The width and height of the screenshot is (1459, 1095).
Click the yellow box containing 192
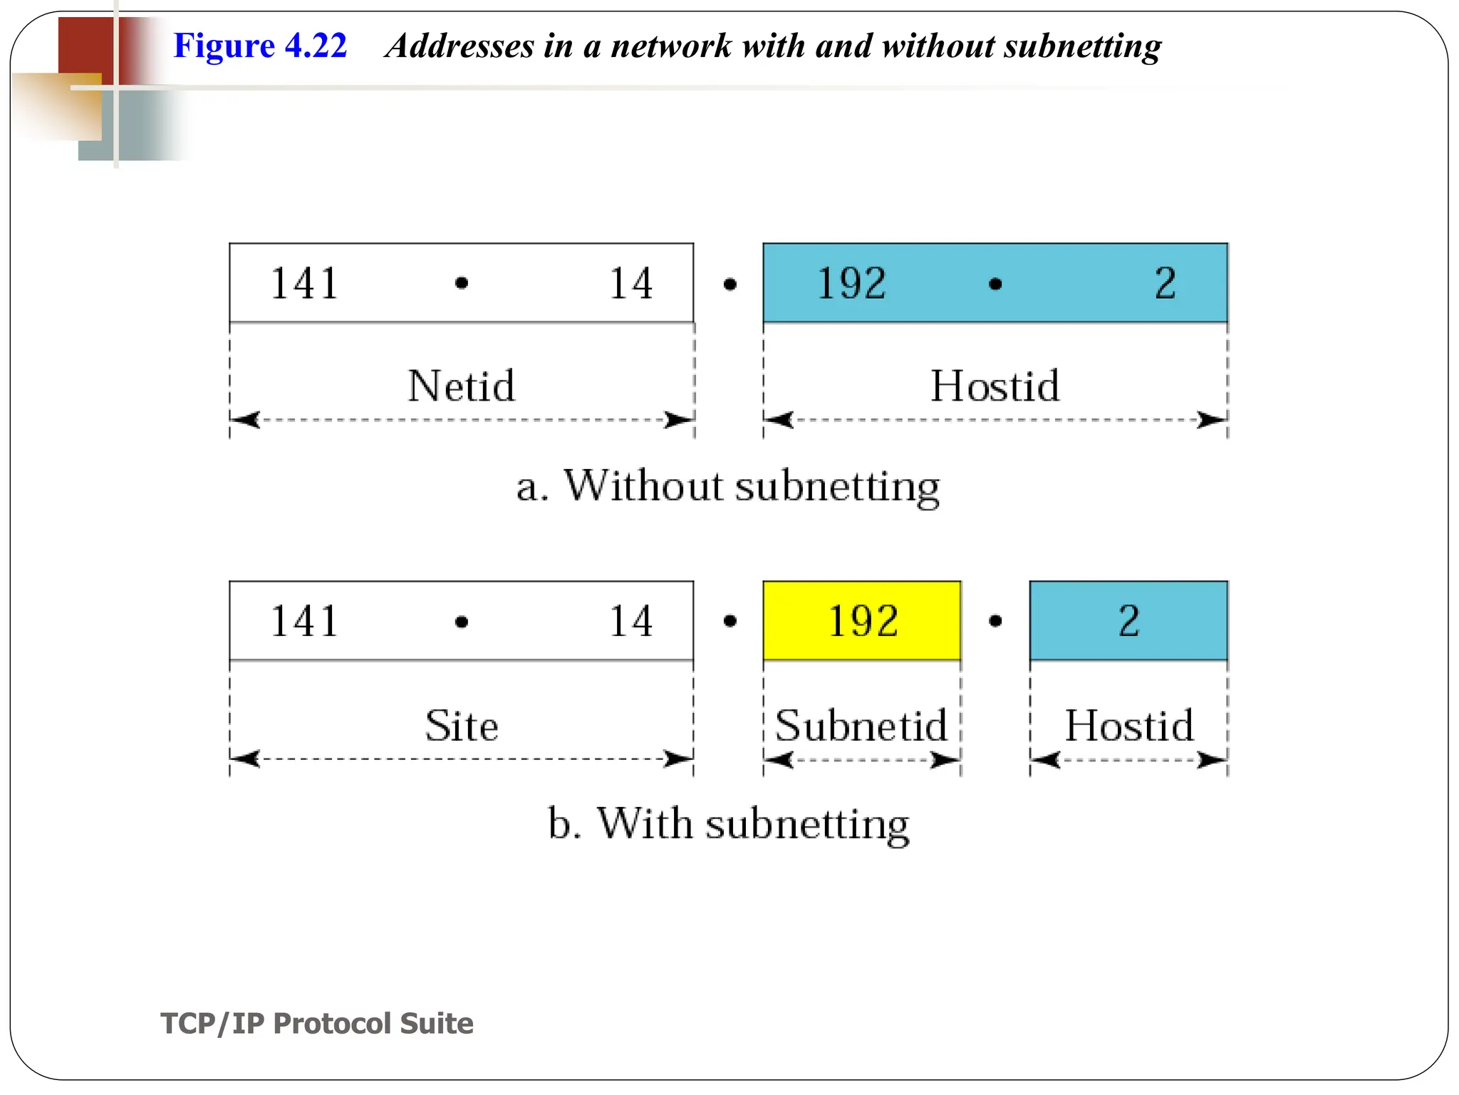pyautogui.click(x=862, y=621)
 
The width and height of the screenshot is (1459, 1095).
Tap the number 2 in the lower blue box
pyautogui.click(x=1129, y=621)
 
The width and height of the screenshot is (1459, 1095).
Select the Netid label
pyautogui.click(x=461, y=386)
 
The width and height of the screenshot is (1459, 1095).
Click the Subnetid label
pyautogui.click(x=861, y=726)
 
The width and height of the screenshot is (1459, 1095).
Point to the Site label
pyautogui.click(x=462, y=726)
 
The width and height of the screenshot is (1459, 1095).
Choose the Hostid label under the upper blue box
pyautogui.click(x=995, y=386)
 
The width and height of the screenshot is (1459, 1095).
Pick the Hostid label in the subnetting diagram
pyautogui.click(x=1129, y=726)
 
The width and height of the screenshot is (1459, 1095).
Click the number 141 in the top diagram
pyautogui.click(x=304, y=283)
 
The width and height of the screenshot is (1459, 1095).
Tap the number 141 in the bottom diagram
pyautogui.click(x=304, y=621)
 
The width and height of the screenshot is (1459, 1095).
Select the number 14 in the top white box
pyautogui.click(x=631, y=283)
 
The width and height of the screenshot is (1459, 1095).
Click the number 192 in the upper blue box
pyautogui.click(x=851, y=283)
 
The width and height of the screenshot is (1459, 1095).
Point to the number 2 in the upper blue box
pyautogui.click(x=1165, y=283)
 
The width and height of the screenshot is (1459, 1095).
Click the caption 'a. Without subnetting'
pyautogui.click(x=728, y=487)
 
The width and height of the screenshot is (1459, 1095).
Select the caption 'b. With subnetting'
pyautogui.click(x=728, y=824)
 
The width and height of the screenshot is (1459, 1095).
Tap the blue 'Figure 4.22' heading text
pyautogui.click(x=260, y=46)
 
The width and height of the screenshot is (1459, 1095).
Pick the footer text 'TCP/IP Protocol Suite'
pyautogui.click(x=317, y=1023)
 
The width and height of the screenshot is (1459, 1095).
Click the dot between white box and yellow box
pyautogui.click(x=729, y=622)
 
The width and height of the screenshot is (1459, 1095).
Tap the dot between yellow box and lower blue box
pyautogui.click(x=996, y=622)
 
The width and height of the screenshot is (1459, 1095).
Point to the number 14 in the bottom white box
pyautogui.click(x=631, y=621)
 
